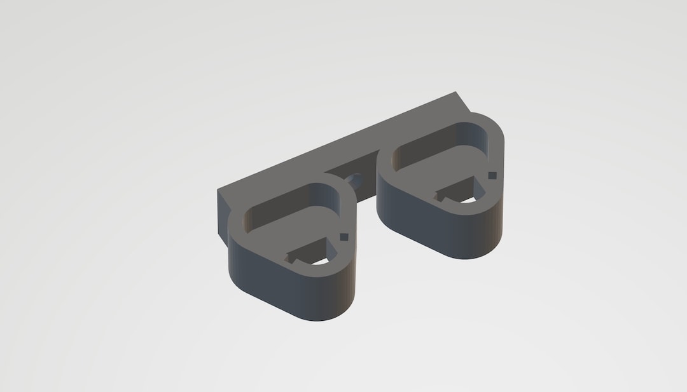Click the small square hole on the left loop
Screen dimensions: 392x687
344,237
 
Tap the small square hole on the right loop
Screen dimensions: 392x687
492,175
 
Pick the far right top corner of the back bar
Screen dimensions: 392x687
456,93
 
